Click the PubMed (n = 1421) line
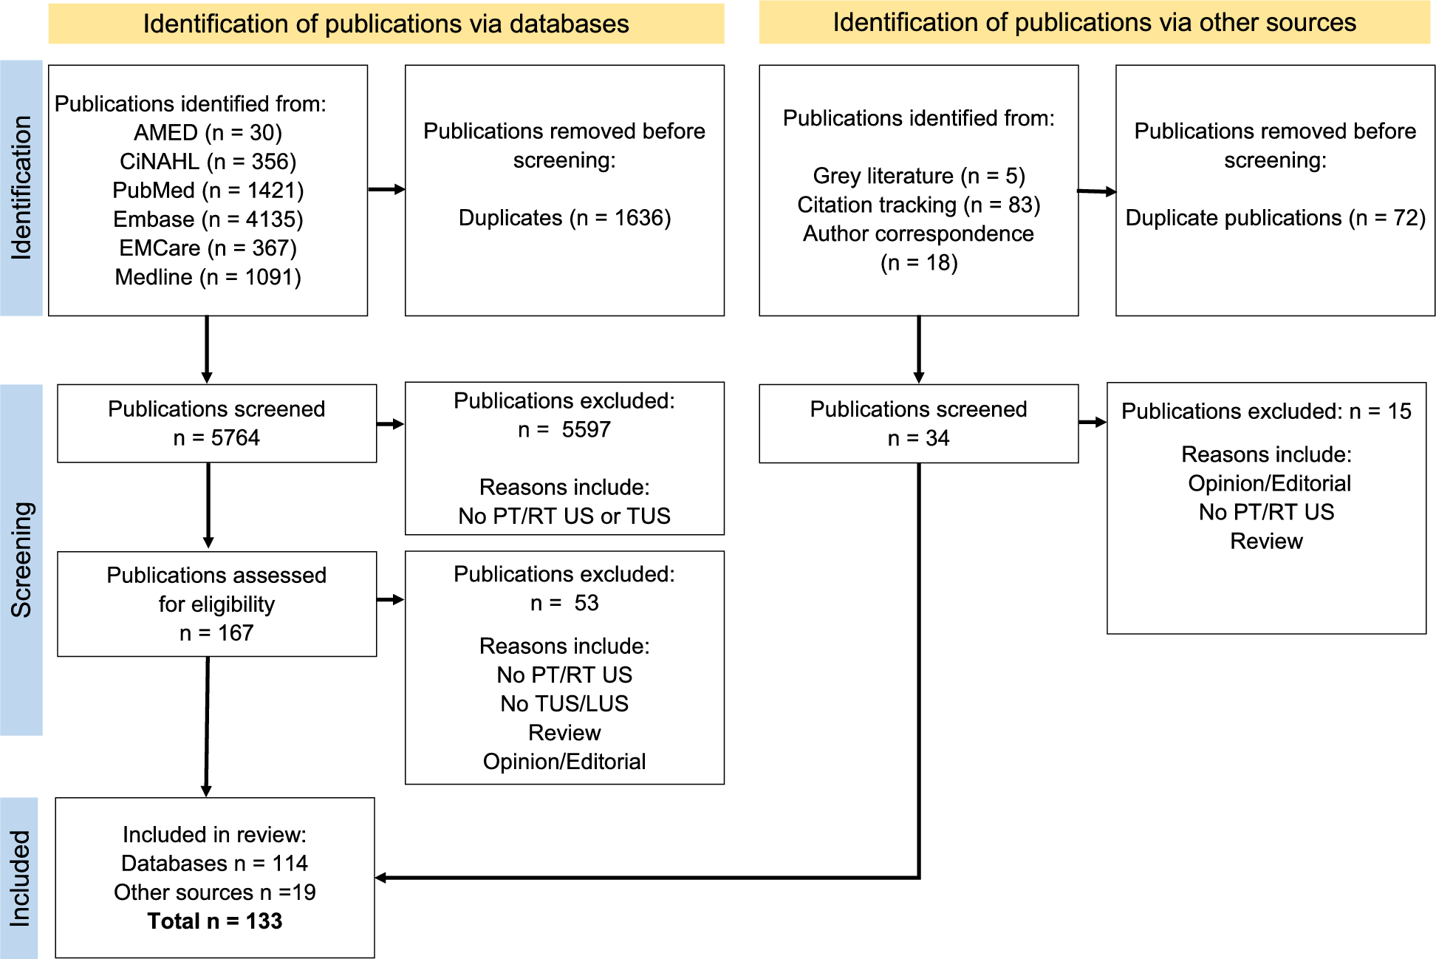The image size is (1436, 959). tap(208, 191)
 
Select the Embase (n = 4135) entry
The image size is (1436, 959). tap(208, 219)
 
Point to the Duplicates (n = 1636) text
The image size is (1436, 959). tap(564, 218)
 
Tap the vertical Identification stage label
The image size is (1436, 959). tap(21, 188)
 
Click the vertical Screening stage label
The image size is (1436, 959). tap(21, 559)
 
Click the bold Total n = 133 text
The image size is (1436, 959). tap(214, 921)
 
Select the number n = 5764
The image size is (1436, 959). tap(216, 438)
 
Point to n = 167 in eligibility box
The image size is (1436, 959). tap(216, 633)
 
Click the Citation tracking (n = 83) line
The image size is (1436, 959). tap(918, 205)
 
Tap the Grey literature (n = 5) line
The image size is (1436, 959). tap(918, 176)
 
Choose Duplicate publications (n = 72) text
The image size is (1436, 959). tap(1275, 218)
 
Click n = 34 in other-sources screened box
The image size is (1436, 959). tap(918, 438)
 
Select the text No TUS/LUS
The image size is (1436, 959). tap(564, 703)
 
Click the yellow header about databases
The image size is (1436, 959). tap(386, 24)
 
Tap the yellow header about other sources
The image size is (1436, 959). tap(1094, 22)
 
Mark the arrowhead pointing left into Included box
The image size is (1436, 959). tap(381, 878)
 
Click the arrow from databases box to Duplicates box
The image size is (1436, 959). tap(386, 190)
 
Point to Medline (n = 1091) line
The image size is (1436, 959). tap(208, 277)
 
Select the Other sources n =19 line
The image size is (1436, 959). tap(214, 893)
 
